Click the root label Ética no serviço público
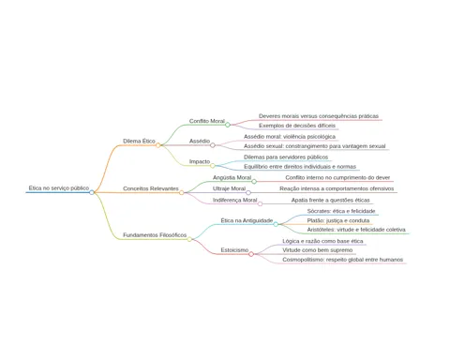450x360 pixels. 59,188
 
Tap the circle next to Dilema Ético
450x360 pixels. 158,145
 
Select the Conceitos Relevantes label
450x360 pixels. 151,188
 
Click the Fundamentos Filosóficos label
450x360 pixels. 155,235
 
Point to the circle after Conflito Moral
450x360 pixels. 228,125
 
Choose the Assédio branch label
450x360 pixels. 200,142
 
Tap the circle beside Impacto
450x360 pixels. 213,166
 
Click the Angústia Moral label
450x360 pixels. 232,178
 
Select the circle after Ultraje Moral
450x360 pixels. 248,192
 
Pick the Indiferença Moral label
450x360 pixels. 235,201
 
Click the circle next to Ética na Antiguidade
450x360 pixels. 276,224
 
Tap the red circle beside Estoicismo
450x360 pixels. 251,254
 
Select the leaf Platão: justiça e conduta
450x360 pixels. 338,220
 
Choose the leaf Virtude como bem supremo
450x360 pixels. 318,250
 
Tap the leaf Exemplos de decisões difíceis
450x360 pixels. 297,126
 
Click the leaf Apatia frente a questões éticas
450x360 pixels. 331,201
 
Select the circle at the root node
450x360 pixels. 92,192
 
